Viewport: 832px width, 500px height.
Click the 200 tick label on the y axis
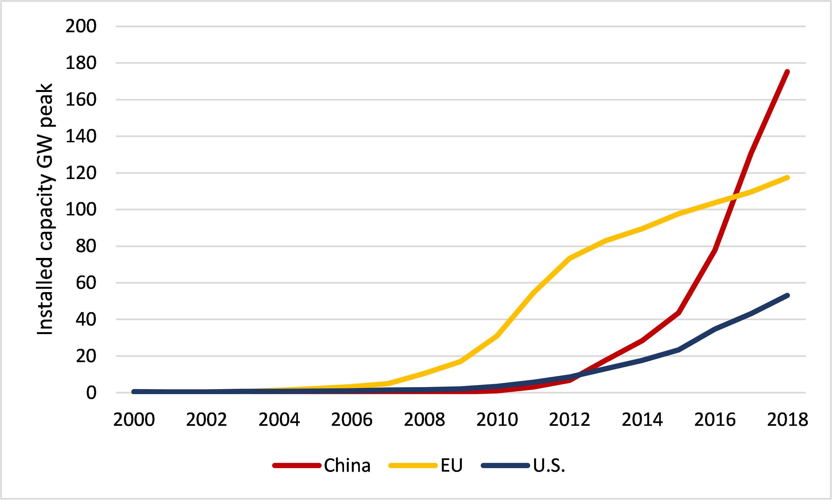[81, 26]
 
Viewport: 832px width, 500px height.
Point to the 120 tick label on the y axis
[81, 173]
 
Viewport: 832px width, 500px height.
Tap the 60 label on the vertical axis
[86, 283]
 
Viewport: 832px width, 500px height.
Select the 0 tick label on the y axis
[91, 393]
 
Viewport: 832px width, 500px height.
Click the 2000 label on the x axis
[134, 420]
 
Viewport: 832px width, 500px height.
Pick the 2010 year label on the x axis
[497, 420]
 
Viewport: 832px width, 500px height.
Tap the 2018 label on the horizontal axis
[787, 420]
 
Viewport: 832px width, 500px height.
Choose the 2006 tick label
[352, 420]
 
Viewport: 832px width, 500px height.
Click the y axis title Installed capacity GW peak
[45, 209]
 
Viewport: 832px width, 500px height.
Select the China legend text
[347, 466]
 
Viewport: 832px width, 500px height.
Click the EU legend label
[451, 466]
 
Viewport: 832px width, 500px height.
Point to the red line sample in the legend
[297, 466]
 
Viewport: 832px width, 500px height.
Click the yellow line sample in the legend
[413, 466]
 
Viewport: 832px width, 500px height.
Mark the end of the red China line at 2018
[787, 72]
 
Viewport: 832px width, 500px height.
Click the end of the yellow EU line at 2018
[787, 178]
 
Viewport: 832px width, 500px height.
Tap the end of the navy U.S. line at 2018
[787, 295]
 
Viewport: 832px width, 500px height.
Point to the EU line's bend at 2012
[570, 258]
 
